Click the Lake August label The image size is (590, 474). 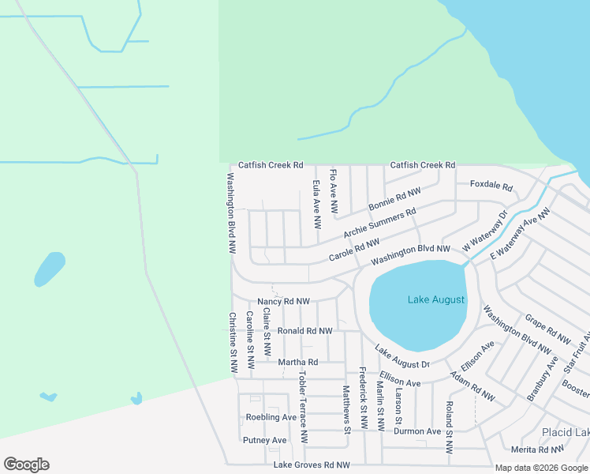pos(436,299)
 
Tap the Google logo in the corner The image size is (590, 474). pos(26,465)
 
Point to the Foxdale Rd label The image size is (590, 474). pos(491,187)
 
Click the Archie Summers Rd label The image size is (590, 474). pos(379,224)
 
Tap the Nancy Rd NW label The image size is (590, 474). pos(283,302)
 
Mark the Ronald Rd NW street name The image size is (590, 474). pos(304,331)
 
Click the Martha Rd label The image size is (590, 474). pos(297,363)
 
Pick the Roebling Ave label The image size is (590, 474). pos(271,417)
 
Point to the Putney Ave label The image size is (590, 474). pos(264,440)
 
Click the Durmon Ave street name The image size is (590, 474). pos(417,432)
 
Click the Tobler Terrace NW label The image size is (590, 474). pos(303,405)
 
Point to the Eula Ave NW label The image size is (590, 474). pos(316,205)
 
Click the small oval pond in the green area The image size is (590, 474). pos(49,269)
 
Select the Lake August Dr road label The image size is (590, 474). pos(401,357)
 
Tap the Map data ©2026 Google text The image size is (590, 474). pos(540,468)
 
